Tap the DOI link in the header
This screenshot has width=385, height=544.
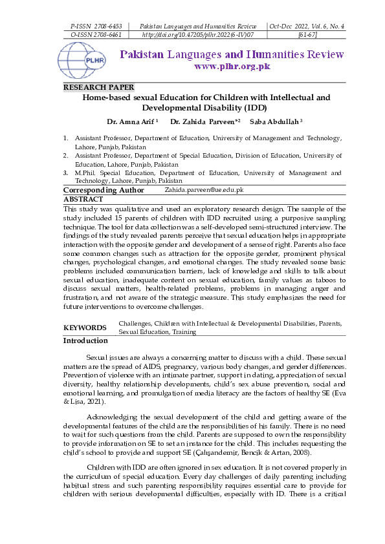pos(197,35)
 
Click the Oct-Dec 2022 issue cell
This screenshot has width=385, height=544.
pos(307,26)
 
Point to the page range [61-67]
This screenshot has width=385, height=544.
pos(307,35)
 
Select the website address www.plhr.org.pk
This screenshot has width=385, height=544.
pos(232,67)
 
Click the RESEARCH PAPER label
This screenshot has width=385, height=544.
pos(98,87)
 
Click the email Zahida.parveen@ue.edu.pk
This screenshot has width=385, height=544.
pos(204,190)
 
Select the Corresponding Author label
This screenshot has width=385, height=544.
pos(104,191)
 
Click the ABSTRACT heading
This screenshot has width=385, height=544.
pos(83,200)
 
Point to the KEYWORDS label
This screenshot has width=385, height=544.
pos(85,328)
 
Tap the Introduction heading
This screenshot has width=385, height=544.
pos(85,340)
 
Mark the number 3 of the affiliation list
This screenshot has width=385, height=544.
pos(65,173)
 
